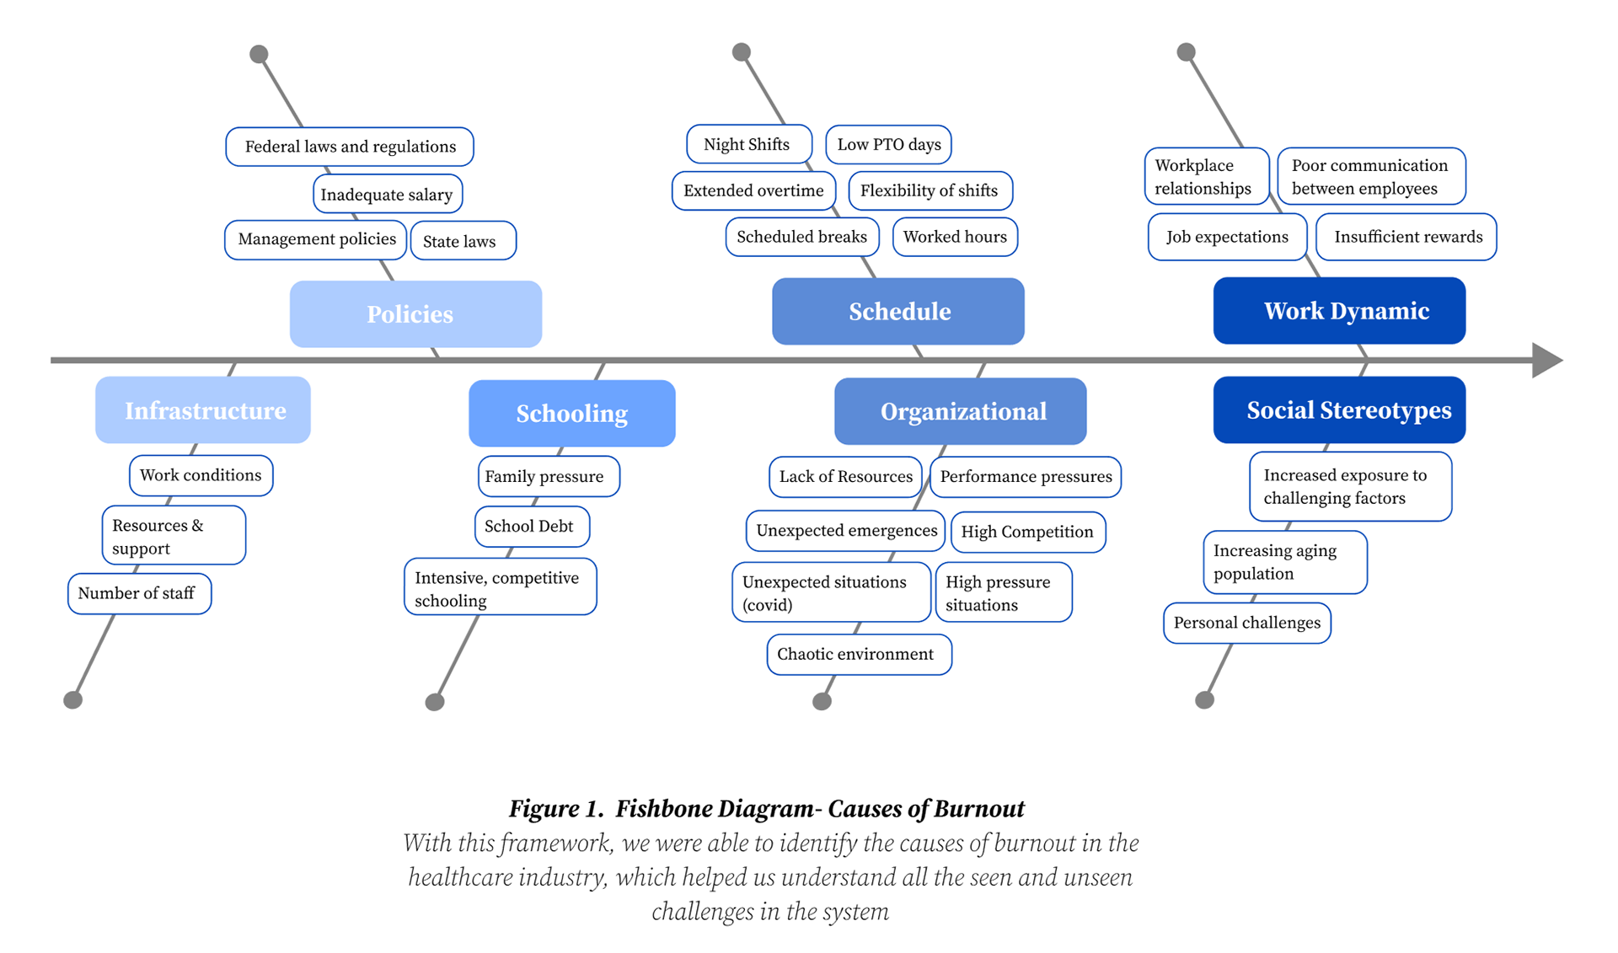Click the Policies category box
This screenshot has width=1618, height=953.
[415, 313]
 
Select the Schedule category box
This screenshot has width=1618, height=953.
[898, 311]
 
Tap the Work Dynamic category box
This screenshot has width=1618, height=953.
[1339, 310]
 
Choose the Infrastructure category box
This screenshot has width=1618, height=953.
[203, 410]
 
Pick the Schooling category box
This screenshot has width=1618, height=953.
[572, 413]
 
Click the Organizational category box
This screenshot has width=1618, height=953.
[961, 411]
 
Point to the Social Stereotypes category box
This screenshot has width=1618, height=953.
[1339, 410]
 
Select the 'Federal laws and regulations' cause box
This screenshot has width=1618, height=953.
[350, 147]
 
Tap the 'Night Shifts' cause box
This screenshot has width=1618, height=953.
[749, 144]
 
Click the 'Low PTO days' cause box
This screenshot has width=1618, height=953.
[889, 144]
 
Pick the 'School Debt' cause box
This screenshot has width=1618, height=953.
[532, 527]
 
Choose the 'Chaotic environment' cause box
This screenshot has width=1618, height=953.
[860, 655]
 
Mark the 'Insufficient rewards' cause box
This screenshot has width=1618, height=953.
[1406, 237]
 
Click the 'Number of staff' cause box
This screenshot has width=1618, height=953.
[140, 593]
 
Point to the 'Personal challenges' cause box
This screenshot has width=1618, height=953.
[1247, 623]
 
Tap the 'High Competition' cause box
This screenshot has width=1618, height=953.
[1028, 532]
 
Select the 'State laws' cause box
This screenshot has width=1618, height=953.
[463, 241]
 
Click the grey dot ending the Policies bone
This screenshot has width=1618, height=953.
[259, 55]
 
